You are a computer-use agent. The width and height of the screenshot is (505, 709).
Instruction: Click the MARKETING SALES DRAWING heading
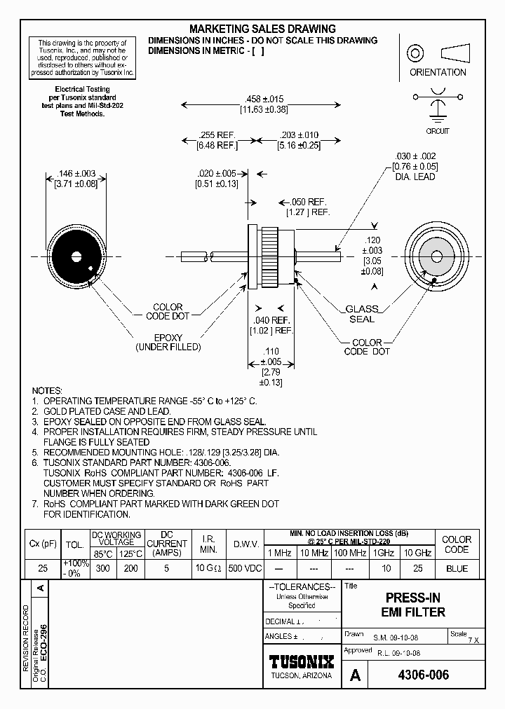263,29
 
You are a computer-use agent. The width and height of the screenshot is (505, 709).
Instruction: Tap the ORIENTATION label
438,72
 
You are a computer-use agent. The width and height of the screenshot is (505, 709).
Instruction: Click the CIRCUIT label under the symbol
438,131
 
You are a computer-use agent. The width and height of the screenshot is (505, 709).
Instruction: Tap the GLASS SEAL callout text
362,314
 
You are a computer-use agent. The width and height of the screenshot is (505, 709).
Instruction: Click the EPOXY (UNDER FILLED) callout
168,342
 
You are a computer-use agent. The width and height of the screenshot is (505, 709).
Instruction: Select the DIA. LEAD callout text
415,177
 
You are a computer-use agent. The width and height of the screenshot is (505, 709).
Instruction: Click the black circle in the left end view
75,253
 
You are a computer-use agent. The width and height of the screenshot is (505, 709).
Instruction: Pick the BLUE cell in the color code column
457,568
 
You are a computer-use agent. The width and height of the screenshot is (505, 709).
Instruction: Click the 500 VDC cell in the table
245,568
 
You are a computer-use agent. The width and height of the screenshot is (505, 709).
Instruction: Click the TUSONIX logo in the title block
302,661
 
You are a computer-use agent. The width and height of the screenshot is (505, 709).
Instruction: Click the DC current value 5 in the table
167,568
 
